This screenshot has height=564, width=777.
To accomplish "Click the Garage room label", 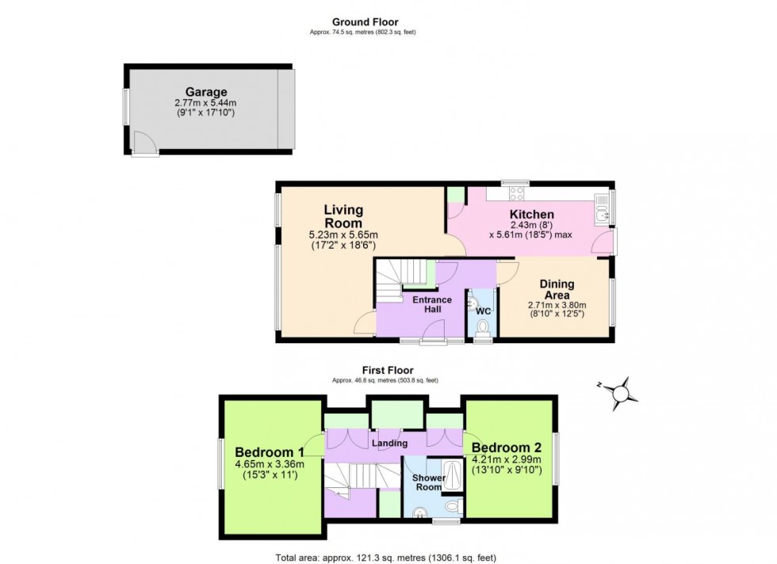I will click(206, 92).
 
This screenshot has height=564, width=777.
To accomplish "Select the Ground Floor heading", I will click(366, 22).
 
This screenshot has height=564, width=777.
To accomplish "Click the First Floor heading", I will click(388, 370).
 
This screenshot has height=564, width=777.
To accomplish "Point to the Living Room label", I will click(343, 216).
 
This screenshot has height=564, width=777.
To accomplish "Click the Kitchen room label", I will click(531, 215).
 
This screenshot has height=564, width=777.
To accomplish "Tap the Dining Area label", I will click(562, 290).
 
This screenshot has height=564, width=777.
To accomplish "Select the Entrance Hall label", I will click(431, 305).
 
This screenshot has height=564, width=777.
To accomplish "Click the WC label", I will click(483, 311).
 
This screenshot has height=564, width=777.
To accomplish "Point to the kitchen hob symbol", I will click(516, 192).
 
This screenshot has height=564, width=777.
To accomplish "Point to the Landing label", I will click(389, 444).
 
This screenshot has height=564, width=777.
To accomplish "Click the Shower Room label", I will click(428, 482).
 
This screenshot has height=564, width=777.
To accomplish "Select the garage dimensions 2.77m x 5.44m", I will click(206, 104).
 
